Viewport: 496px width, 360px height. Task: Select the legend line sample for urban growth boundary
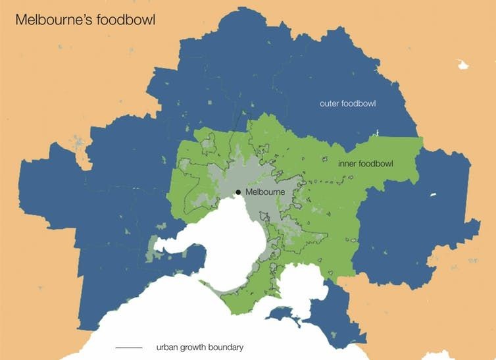128,347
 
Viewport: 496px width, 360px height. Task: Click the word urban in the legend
167,347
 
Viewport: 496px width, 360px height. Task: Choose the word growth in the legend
193,347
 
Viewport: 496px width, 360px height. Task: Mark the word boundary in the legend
227,347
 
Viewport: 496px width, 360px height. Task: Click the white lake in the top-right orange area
463,64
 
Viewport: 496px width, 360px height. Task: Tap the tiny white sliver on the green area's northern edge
376,134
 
